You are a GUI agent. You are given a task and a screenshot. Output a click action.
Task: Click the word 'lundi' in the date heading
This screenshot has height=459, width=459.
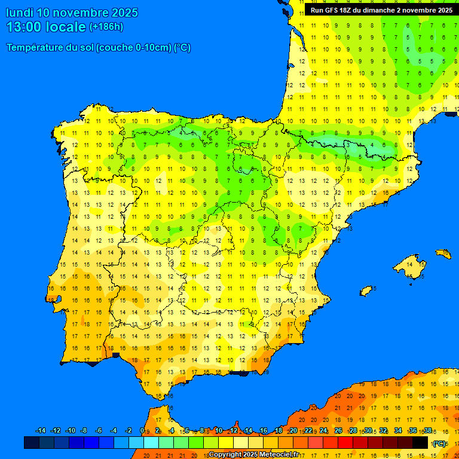pos(20,13)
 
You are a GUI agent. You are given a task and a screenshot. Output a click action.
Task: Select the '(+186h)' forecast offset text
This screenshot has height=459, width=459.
pos(106,27)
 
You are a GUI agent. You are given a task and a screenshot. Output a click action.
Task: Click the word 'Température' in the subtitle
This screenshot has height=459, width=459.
pos(35,48)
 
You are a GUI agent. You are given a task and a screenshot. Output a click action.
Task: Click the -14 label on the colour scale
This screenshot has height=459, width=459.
pos(41,431)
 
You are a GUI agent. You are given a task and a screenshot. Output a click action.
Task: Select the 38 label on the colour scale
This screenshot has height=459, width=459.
pos(427,431)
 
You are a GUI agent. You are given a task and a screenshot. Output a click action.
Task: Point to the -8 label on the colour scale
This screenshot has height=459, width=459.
pos(84,431)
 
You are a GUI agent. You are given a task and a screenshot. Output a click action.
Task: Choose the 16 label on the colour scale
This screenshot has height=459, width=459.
pos(264,431)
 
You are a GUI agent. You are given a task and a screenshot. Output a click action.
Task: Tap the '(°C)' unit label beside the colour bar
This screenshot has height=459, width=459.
pos(439,443)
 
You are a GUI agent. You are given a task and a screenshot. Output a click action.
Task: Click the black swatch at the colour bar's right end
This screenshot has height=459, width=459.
pos(420,443)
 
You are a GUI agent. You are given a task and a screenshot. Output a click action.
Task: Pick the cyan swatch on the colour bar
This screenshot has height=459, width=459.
pos(151,443)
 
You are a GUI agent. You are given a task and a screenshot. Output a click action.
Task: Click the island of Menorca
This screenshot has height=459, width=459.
pos(443,253)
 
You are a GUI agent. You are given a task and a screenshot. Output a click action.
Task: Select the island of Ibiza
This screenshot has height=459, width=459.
pos(366,290)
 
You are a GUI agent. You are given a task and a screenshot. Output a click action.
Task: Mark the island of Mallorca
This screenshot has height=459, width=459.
pos(410,264)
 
